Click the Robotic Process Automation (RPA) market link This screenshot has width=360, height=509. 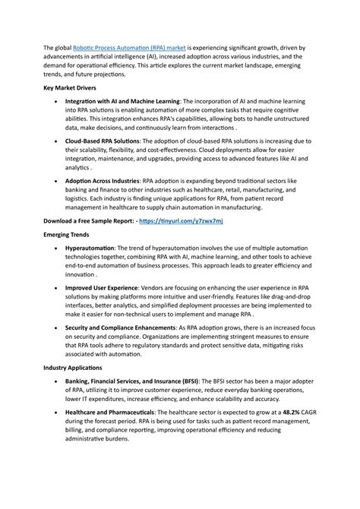(130, 47)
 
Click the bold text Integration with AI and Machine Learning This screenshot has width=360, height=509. (122, 101)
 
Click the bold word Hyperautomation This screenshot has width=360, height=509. (90, 248)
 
